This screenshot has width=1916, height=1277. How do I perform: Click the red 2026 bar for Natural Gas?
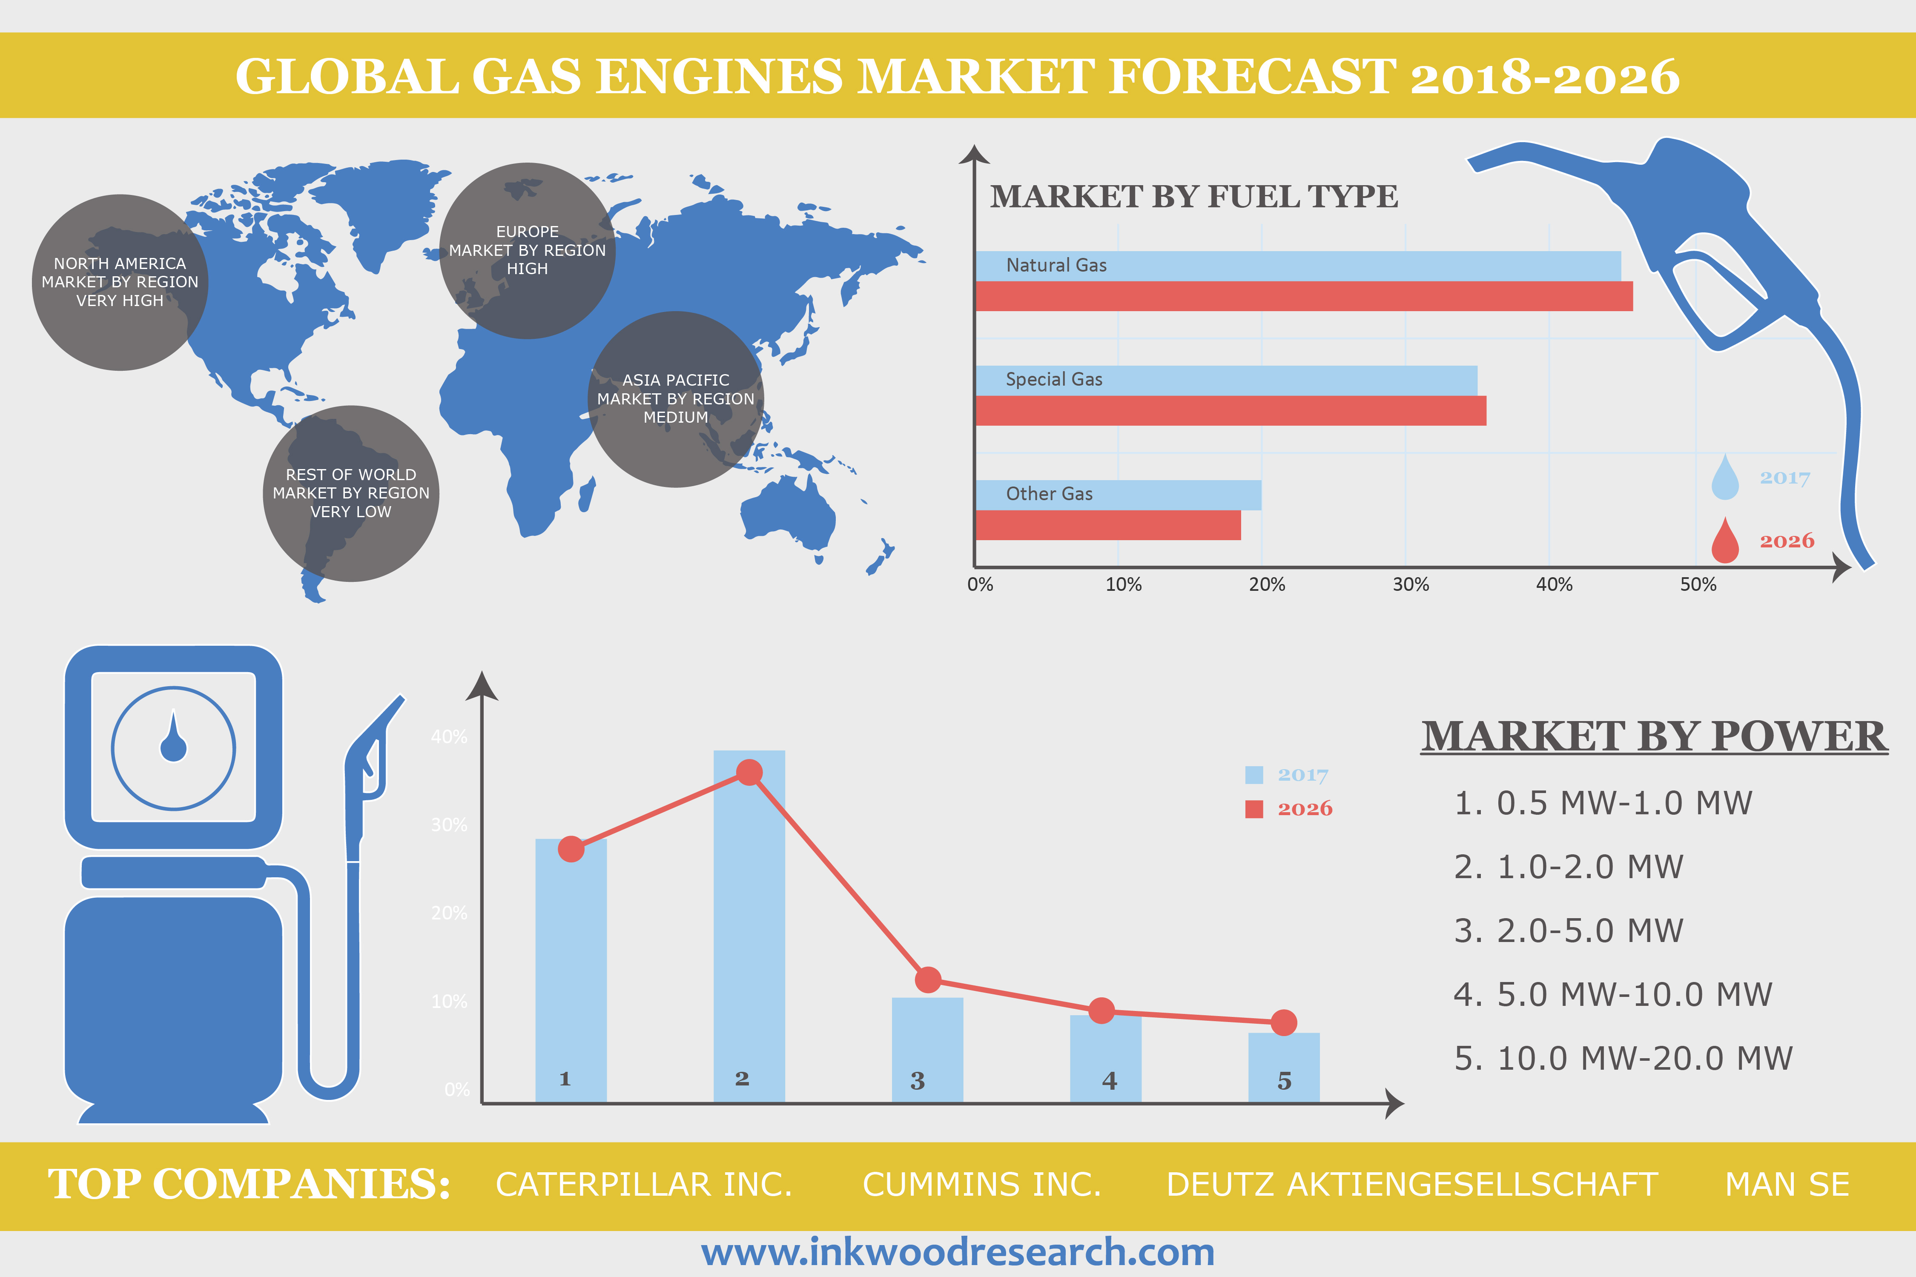[x=1303, y=296]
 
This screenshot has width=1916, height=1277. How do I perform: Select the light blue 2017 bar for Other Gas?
[x=1118, y=494]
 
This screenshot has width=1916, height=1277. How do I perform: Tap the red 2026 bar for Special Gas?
[x=1230, y=410]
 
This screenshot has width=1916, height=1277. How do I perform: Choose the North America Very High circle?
[x=120, y=282]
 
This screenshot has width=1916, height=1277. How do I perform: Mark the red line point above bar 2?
[x=749, y=772]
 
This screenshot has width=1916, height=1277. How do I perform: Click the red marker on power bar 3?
[x=928, y=980]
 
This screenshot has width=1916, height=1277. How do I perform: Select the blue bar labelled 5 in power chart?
[x=1284, y=1067]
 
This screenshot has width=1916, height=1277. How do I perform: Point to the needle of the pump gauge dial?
[x=173, y=737]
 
